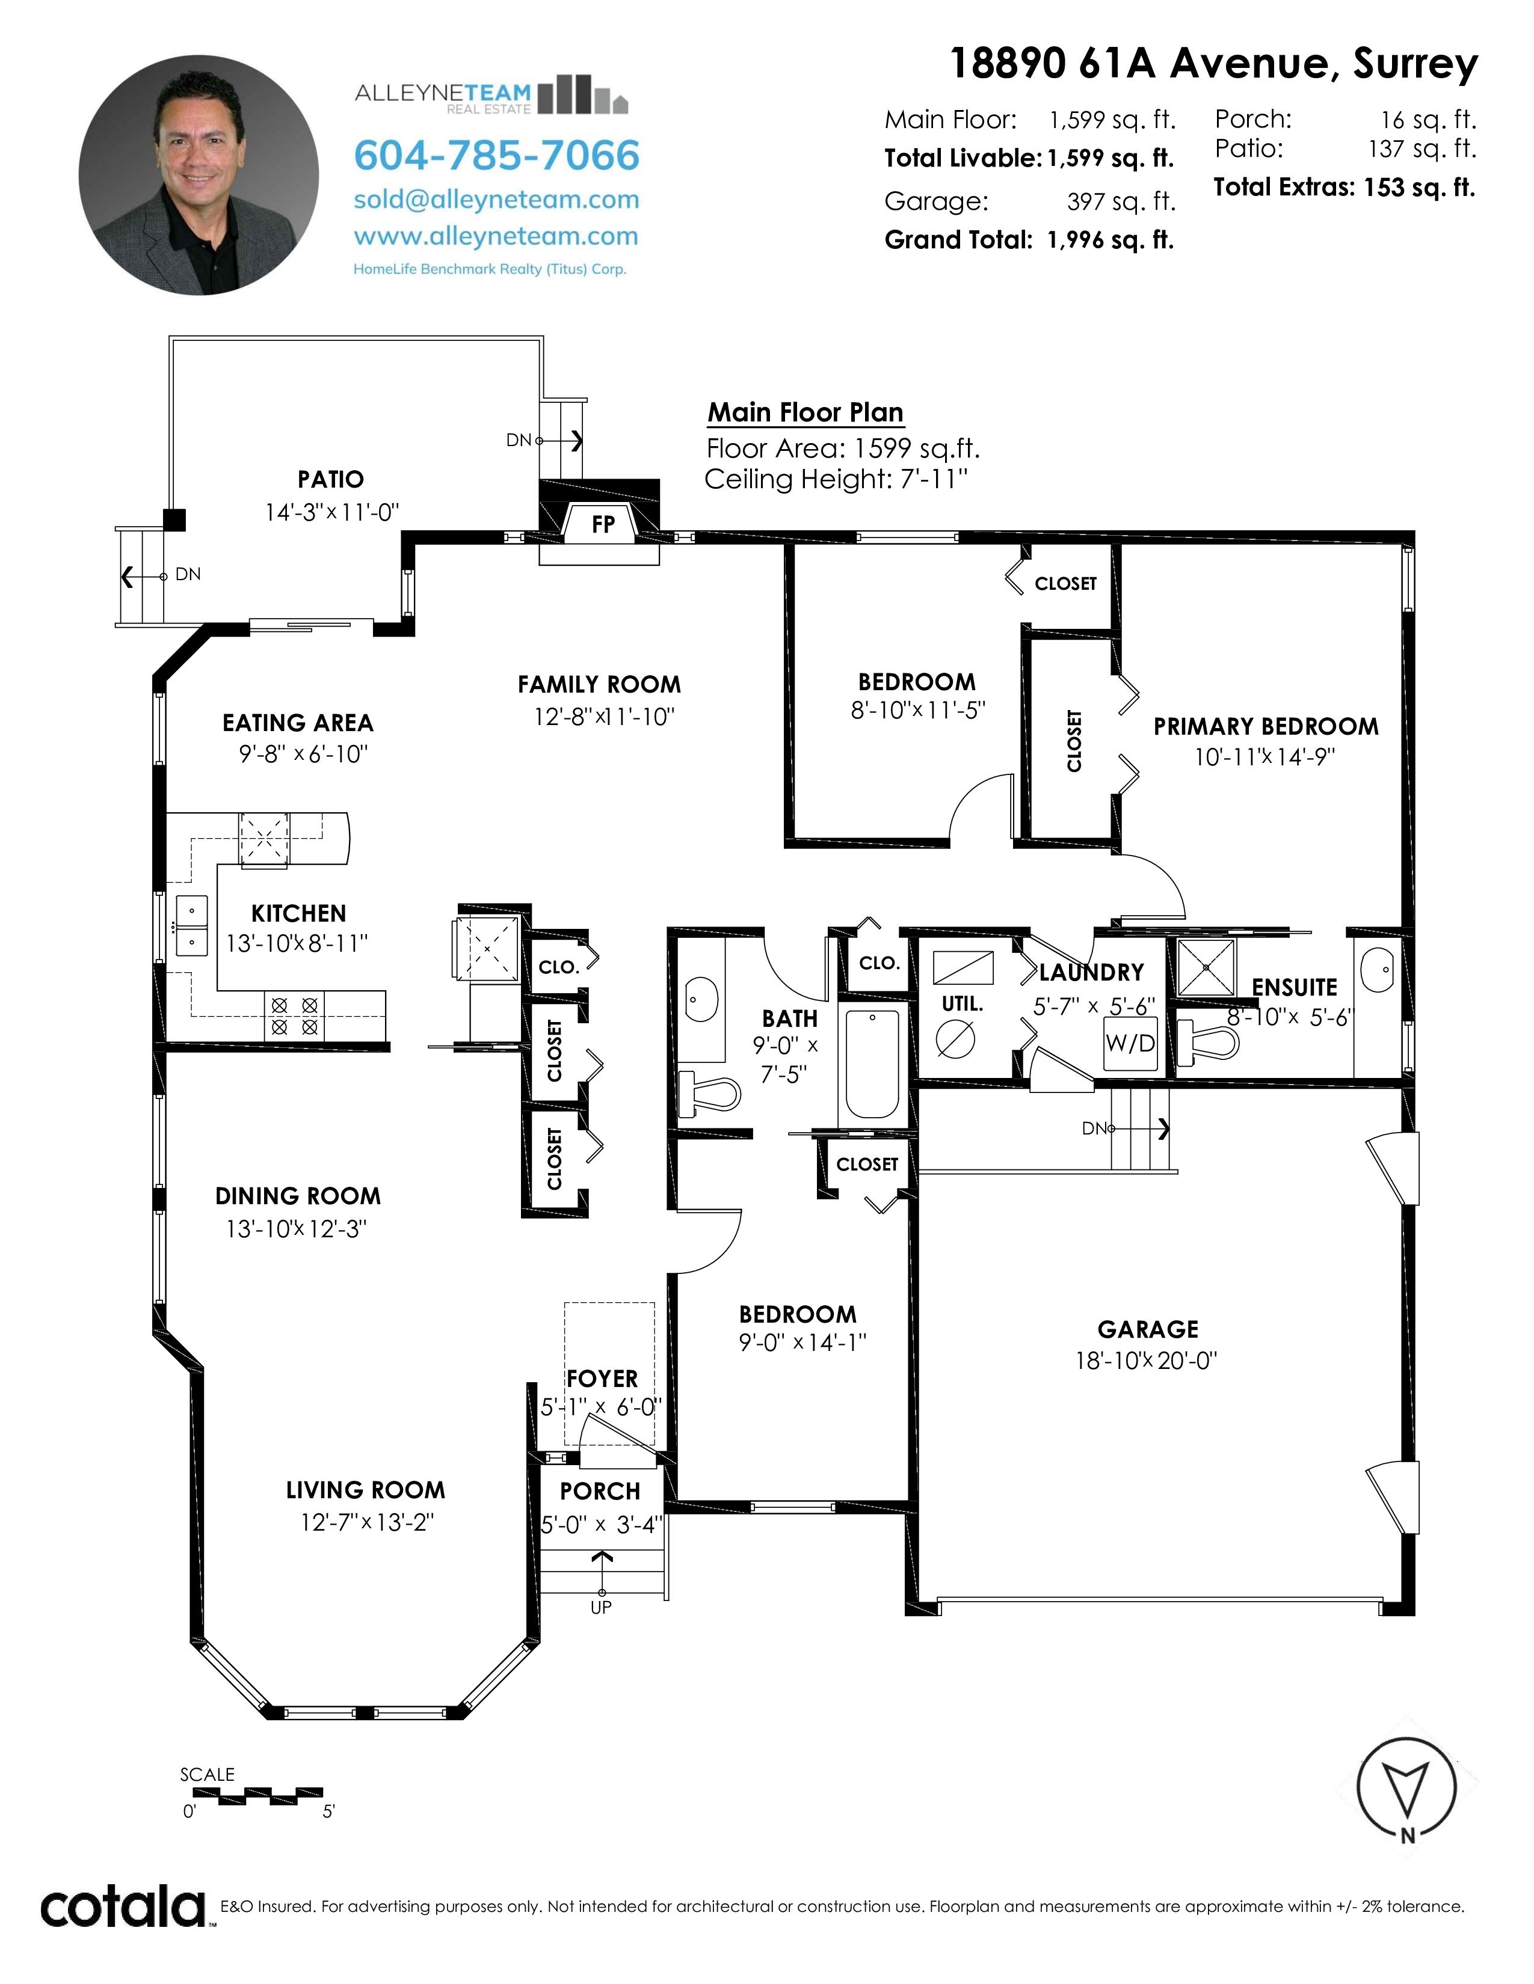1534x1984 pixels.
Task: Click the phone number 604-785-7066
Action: [x=496, y=155]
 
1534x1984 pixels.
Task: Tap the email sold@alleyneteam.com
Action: [x=496, y=200]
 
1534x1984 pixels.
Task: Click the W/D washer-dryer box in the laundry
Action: [x=1130, y=1043]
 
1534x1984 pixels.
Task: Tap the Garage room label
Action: [x=1148, y=1329]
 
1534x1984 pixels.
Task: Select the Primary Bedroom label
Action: [x=1266, y=727]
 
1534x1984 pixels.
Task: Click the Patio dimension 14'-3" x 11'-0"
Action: [x=331, y=512]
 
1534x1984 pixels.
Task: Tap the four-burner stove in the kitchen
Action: [x=294, y=1015]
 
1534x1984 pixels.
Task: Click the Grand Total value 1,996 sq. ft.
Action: [x=1110, y=240]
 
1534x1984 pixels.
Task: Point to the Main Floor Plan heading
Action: [x=805, y=412]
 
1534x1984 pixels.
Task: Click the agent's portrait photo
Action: [x=199, y=176]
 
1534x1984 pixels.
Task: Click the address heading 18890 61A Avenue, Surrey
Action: [x=1214, y=64]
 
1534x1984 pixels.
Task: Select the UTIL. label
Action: [x=963, y=1004]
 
